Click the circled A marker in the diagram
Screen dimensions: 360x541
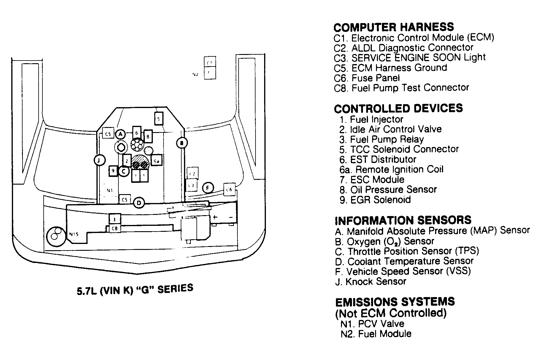(x=120, y=134)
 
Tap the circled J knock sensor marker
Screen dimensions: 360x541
(x=99, y=161)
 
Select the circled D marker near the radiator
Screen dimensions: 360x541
(x=139, y=203)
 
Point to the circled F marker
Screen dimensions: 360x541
(x=208, y=188)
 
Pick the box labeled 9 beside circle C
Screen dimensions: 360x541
(x=113, y=171)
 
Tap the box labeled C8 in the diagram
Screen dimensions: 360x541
(x=115, y=229)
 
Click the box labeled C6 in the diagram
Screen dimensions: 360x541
(x=229, y=189)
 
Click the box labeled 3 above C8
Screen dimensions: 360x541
(x=115, y=219)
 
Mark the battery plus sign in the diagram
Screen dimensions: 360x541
(x=215, y=217)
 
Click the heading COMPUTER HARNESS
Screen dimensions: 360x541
(x=394, y=27)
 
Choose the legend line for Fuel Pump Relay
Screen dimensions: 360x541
(x=382, y=139)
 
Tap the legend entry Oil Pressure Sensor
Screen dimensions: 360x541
(x=388, y=189)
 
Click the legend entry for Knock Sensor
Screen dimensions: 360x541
(x=371, y=281)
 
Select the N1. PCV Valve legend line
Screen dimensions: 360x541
(x=372, y=324)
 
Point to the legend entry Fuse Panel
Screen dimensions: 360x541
(x=367, y=78)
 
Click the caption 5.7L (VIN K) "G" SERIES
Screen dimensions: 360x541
(x=135, y=290)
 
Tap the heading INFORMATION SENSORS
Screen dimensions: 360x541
(x=403, y=220)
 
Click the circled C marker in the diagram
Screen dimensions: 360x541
(x=124, y=171)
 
